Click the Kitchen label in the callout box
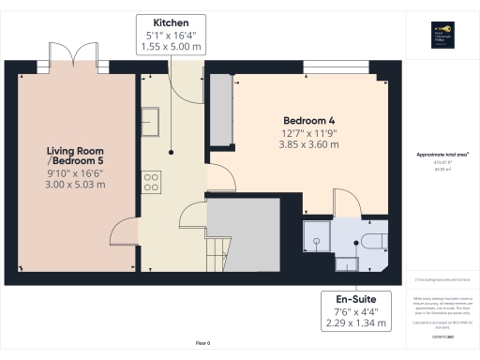coord(172,22)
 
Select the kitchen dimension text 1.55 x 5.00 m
coord(172,45)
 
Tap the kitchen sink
coord(149,117)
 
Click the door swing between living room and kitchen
coord(125,230)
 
